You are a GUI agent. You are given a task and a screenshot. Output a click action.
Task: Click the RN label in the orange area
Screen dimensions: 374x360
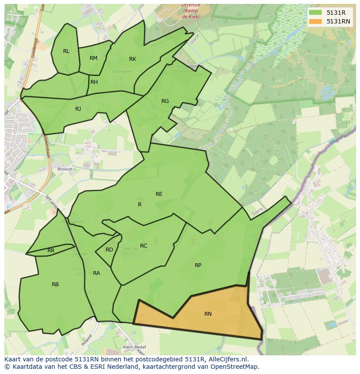(208, 314)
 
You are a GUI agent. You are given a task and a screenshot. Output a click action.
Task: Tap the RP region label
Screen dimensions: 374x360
(198, 265)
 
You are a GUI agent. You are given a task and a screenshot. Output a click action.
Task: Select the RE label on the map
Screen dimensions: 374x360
(159, 194)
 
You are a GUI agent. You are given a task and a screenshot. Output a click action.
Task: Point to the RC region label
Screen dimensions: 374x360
(143, 246)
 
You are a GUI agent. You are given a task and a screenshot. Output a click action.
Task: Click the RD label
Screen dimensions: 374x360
(109, 250)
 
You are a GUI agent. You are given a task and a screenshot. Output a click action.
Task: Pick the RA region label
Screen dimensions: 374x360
(97, 273)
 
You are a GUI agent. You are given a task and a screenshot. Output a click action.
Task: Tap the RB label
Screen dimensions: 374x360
(55, 285)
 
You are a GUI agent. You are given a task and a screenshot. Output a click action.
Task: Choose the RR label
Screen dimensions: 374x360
(51, 251)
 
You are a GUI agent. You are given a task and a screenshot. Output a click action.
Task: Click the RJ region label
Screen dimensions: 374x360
(78, 109)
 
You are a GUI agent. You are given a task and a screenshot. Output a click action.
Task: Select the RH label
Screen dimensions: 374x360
(94, 82)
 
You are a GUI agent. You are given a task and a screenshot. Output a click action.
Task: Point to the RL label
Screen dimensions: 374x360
(66, 51)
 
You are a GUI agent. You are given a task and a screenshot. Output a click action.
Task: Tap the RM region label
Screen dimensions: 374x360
(93, 58)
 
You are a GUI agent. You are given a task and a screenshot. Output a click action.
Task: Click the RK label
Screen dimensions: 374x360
(133, 59)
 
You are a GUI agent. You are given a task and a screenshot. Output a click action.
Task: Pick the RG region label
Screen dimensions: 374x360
(165, 101)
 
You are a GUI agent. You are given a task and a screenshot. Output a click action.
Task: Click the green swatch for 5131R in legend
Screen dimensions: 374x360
(316, 13)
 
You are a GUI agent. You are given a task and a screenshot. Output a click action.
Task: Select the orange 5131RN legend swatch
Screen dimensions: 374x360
(316, 21)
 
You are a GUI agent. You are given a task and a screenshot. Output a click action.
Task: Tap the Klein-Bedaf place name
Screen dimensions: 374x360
(134, 347)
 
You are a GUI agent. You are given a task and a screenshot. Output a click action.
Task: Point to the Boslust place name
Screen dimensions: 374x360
(64, 169)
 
